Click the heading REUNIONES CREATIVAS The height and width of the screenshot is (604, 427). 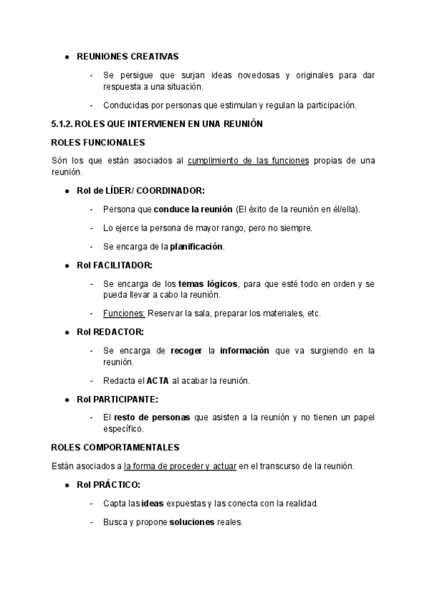tap(127, 56)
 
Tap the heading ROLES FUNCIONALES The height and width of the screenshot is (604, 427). tap(98, 142)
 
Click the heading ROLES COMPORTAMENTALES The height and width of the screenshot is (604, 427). tap(115, 447)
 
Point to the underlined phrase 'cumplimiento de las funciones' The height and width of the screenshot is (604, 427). tap(248, 161)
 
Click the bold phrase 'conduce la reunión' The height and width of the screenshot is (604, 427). tap(193, 209)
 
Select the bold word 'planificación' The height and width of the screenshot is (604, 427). tap(196, 246)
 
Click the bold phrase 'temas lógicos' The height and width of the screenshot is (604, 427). tap(208, 283)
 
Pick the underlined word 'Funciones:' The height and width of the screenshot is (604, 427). tap(124, 313)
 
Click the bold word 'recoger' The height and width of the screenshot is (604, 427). tap(187, 350)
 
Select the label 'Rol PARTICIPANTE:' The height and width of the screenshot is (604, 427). tap(117, 399)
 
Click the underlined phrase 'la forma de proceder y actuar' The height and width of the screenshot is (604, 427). tap(180, 466)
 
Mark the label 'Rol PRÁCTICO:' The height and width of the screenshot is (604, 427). tap(108, 484)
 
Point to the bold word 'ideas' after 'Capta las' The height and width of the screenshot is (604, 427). tap(152, 503)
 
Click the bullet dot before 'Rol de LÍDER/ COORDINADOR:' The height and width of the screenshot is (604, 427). tap(66, 191)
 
